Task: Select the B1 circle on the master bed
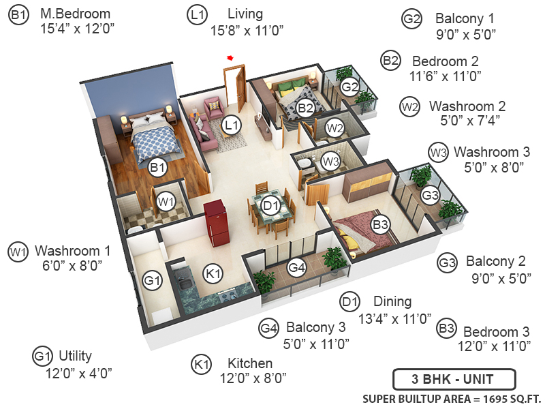[158, 166]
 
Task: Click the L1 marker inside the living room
[232, 125]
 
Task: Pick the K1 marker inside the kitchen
[214, 273]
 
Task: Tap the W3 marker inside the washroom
[330, 162]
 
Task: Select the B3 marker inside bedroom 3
[380, 222]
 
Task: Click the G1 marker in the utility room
[153, 279]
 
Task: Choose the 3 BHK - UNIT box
[454, 379]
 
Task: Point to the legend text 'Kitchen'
[250, 363]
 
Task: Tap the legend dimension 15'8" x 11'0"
[247, 29]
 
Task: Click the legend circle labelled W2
[409, 107]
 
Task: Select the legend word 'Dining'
[392, 301]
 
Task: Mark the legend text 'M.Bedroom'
[75, 14]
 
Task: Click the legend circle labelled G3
[447, 262]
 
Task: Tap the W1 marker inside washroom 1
[166, 201]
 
